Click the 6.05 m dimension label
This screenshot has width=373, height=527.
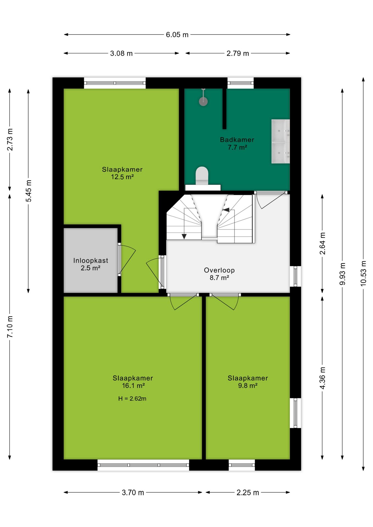coord(177,35)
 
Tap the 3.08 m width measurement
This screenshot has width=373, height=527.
coord(121,54)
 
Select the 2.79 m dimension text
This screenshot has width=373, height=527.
coord(238,54)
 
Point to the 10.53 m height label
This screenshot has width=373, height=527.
coord(363,273)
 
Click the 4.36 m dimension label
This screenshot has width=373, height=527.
coord(322,378)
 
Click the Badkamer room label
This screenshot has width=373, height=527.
coord(237,140)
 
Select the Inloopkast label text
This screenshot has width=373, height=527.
coord(91,260)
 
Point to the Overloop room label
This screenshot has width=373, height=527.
coord(219,270)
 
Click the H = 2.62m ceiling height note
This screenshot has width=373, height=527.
coord(132,399)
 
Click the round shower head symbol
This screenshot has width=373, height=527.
coord(203,102)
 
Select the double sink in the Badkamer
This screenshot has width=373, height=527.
coord(280,141)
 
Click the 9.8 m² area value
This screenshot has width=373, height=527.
coord(248,386)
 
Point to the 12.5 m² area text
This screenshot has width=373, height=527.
coord(122,177)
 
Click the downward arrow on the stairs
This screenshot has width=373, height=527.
coord(184,236)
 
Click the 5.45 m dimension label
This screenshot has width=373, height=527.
coord(29,191)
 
